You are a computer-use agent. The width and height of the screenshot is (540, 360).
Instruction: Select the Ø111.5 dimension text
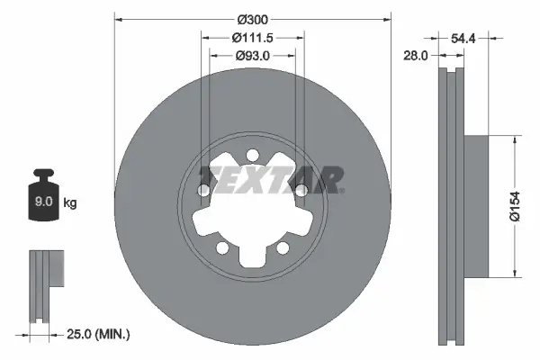(x=253, y=38)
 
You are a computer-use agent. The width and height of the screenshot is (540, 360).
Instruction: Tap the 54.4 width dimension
(x=463, y=38)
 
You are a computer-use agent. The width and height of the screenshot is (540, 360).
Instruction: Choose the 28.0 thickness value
(x=417, y=56)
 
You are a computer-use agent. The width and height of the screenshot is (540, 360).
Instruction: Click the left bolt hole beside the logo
(x=204, y=190)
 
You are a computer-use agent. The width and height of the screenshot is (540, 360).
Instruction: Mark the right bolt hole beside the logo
(x=302, y=190)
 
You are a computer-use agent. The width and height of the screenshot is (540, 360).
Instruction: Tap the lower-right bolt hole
(x=283, y=247)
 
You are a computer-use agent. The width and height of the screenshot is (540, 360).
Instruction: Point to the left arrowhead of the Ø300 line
(x=119, y=20)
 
